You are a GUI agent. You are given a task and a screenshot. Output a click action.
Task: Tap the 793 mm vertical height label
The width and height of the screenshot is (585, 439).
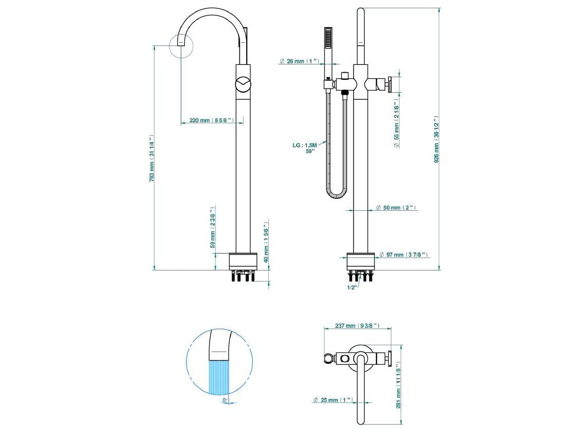[x=152, y=158]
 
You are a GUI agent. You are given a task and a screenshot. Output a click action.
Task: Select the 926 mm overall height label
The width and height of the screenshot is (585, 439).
[x=437, y=139]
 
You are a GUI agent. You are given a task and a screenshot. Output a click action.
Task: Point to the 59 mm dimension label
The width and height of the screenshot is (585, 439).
[x=213, y=227]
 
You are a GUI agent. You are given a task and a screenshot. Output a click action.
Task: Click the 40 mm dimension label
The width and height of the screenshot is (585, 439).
[x=266, y=243]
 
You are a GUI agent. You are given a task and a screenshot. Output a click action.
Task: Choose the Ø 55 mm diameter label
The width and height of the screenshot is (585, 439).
[x=397, y=123]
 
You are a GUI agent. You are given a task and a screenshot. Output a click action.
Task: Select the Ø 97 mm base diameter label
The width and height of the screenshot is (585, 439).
[x=403, y=255]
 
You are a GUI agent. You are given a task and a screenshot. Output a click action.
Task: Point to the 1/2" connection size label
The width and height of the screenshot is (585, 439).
[x=352, y=287]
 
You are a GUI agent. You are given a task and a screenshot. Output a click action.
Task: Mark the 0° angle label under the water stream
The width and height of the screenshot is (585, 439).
[x=225, y=399]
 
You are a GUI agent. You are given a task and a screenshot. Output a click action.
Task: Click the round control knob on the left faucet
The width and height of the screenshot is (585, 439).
[x=243, y=85]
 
